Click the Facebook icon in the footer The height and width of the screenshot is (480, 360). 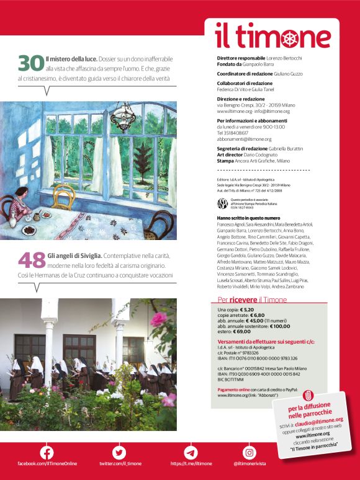[47, 453]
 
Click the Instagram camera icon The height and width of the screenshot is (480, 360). [249, 453]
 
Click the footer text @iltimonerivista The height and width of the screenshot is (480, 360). [250, 464]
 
